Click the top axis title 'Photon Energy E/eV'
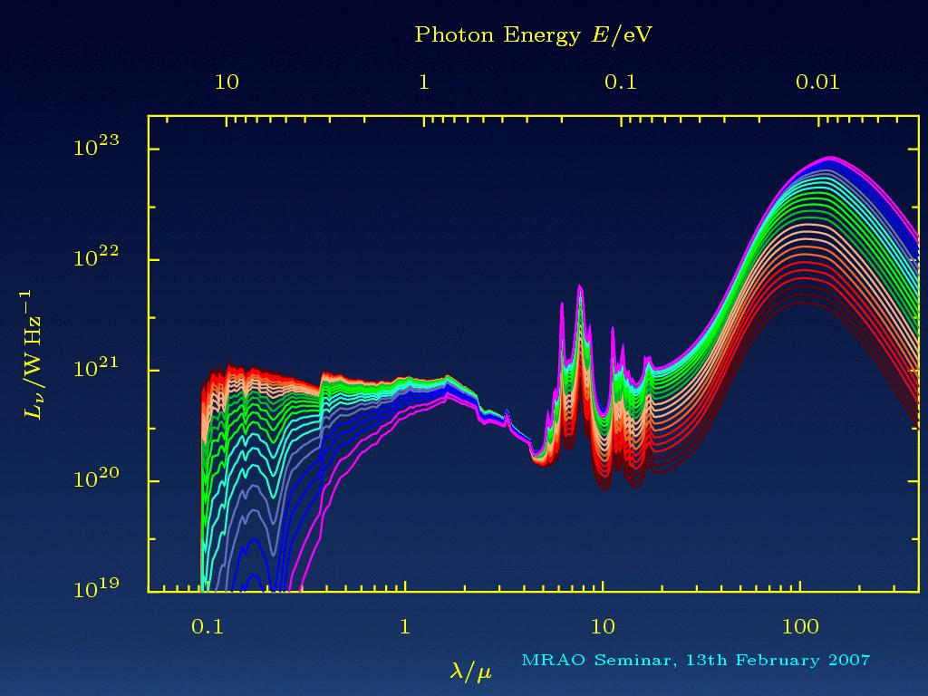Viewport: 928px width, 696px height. click(x=534, y=35)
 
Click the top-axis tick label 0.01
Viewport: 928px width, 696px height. click(x=817, y=82)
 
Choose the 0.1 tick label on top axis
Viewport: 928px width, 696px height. click(x=621, y=82)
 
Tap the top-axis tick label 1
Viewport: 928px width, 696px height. click(x=423, y=82)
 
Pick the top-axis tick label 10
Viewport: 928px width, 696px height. click(x=227, y=82)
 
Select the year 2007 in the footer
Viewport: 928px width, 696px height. click(x=847, y=660)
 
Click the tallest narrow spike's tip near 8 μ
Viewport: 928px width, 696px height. click(x=579, y=285)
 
